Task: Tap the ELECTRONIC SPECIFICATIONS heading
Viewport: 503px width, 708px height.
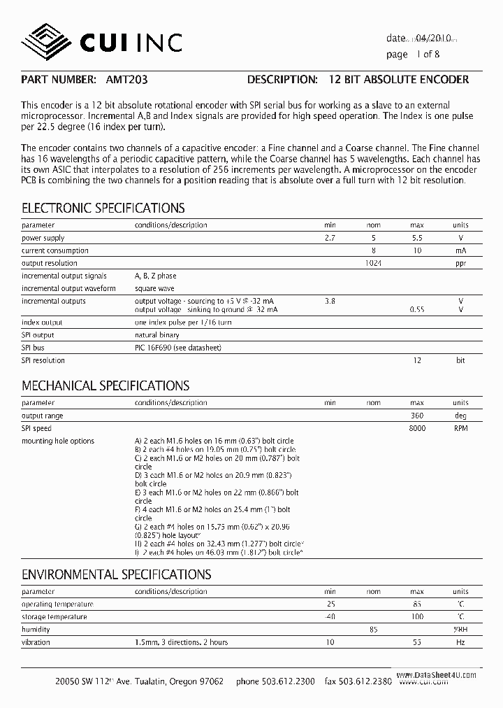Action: (x=103, y=208)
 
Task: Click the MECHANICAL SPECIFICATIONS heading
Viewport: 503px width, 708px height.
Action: (x=105, y=385)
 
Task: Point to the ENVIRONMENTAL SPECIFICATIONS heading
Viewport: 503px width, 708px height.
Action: (x=117, y=574)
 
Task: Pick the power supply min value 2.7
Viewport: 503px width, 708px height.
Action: (x=330, y=238)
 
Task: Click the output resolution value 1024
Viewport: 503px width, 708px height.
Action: (x=374, y=263)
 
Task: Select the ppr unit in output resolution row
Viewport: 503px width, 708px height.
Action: (x=460, y=263)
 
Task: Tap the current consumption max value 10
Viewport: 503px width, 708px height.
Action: (x=417, y=250)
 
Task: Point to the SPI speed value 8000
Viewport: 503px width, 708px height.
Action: (x=416, y=428)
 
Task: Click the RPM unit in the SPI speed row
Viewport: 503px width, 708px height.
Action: (x=460, y=428)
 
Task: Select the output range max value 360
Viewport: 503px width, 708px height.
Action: (x=416, y=416)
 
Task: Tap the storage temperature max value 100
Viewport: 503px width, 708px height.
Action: (x=416, y=617)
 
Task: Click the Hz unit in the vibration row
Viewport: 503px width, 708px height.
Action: (x=460, y=642)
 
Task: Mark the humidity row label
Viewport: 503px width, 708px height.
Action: (x=37, y=630)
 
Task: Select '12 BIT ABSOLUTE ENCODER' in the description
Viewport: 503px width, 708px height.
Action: (x=399, y=80)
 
